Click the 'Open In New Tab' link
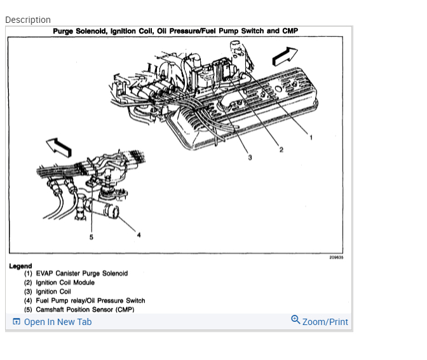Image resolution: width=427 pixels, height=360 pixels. click(x=57, y=322)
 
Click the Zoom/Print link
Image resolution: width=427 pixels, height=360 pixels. click(x=325, y=322)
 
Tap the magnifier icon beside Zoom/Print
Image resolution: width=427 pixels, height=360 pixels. click(x=295, y=320)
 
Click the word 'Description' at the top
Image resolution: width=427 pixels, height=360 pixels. click(x=28, y=20)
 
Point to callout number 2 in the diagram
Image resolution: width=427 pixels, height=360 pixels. click(x=281, y=150)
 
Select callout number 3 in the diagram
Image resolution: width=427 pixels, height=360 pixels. click(x=250, y=157)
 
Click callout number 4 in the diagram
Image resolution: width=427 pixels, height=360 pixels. click(x=139, y=235)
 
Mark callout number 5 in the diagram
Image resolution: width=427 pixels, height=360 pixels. click(x=91, y=237)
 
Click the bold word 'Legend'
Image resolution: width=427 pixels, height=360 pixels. click(x=20, y=266)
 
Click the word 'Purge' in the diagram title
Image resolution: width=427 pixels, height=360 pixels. click(x=63, y=31)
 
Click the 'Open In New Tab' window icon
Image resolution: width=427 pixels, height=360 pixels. click(x=17, y=322)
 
